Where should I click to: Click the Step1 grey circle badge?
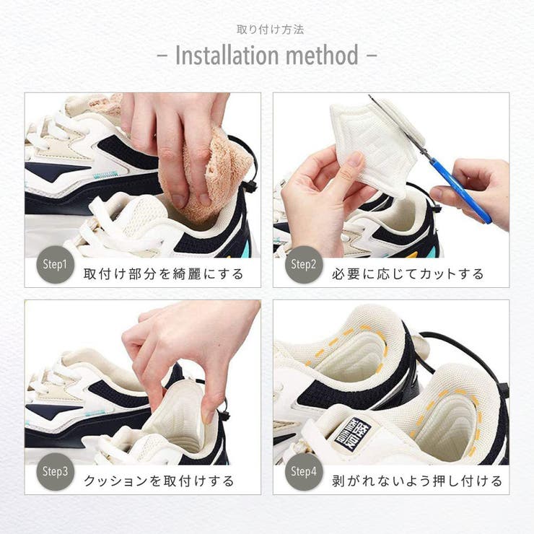click(x=55, y=264)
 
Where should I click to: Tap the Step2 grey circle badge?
click(x=303, y=264)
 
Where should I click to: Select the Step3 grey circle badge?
click(x=55, y=472)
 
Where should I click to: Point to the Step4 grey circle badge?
click(x=303, y=472)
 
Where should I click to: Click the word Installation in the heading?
click(x=227, y=55)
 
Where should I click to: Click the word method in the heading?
click(x=323, y=55)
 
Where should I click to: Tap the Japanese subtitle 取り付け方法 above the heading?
click(x=270, y=30)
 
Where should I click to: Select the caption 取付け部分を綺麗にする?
click(x=164, y=273)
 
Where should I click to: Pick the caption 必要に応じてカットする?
click(x=408, y=273)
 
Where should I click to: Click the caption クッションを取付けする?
click(x=159, y=481)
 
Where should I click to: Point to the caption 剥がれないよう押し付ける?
click(x=417, y=481)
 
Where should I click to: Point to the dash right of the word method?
click(x=372, y=56)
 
